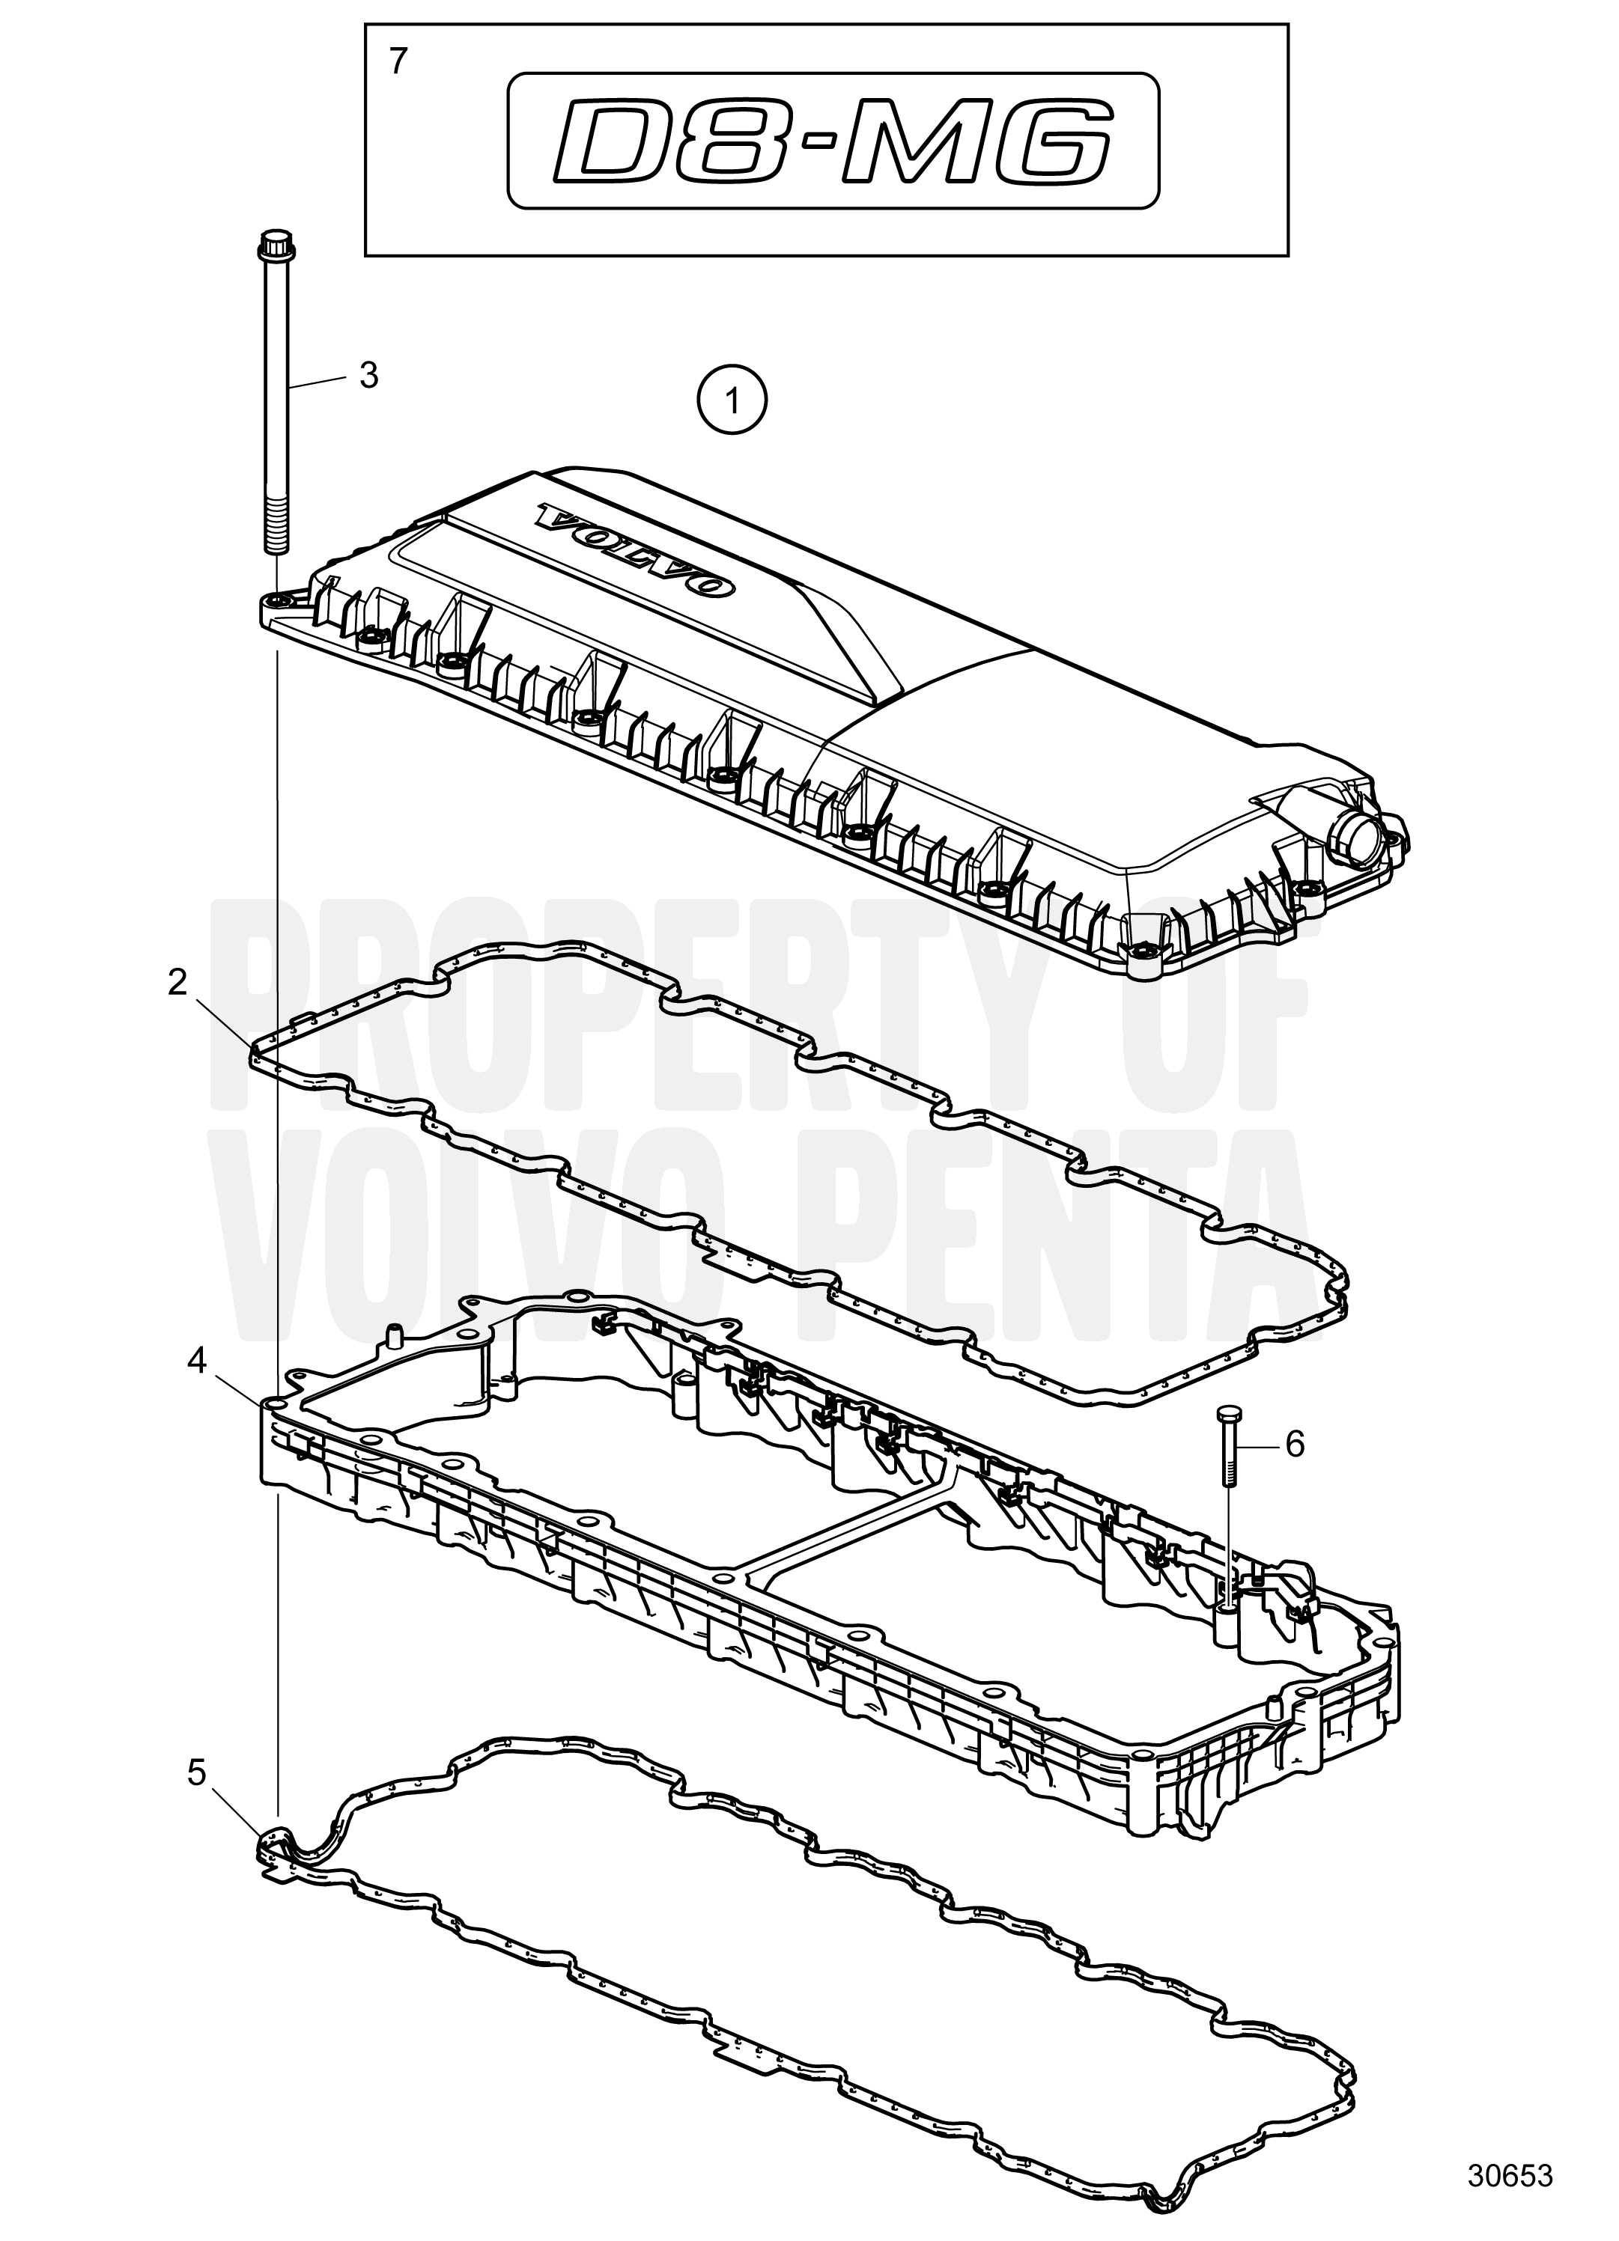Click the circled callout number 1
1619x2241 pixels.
[x=732, y=401]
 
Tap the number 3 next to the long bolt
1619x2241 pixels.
[x=368, y=376]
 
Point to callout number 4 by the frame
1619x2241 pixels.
[x=197, y=1362]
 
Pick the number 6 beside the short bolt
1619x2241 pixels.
[x=1295, y=1445]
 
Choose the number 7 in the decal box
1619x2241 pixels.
[x=398, y=61]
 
